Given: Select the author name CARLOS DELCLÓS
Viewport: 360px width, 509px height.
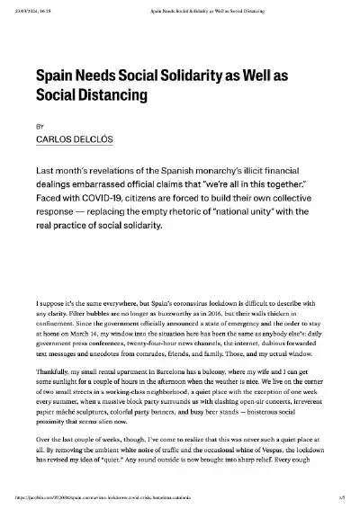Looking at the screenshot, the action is (74, 140).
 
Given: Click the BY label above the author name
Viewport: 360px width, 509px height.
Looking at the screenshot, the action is (39, 127).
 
